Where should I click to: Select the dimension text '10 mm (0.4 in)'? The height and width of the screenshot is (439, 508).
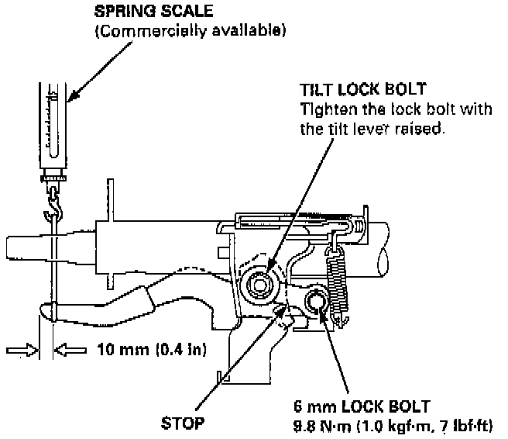tap(151, 349)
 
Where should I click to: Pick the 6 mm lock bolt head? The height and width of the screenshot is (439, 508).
tap(317, 303)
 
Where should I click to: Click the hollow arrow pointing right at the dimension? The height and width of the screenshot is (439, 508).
tap(22, 351)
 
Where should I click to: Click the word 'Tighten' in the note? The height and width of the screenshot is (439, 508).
tap(326, 109)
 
